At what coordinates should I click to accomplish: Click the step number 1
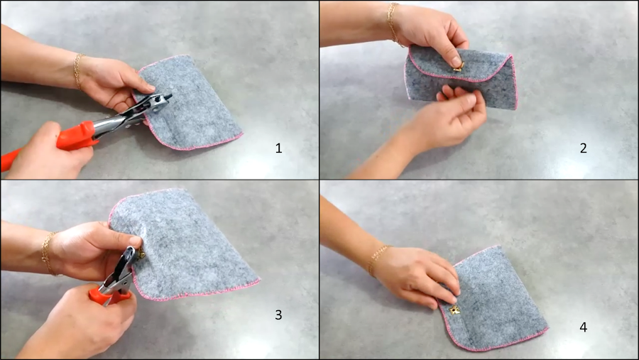(x=278, y=148)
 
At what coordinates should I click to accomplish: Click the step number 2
(x=583, y=148)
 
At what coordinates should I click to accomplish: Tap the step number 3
(x=278, y=315)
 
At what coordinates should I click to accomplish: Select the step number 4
(x=583, y=327)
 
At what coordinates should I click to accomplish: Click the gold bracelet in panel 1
(x=77, y=71)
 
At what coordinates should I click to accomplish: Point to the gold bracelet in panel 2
(x=393, y=23)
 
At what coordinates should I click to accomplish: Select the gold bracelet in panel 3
(x=48, y=253)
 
